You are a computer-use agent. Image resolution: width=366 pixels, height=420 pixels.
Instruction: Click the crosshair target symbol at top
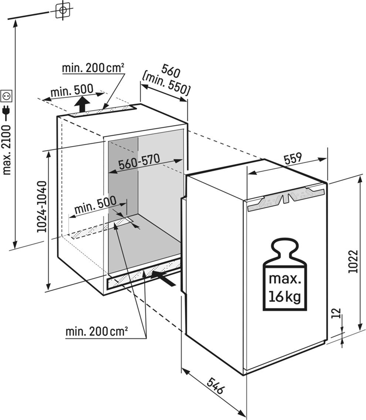tap(63, 10)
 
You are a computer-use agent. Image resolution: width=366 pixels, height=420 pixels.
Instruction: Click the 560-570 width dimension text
tap(139, 161)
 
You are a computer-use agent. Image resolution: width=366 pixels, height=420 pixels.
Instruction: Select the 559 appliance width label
tap(294, 158)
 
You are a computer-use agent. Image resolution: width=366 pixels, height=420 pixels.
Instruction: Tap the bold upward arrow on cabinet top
tap(83, 104)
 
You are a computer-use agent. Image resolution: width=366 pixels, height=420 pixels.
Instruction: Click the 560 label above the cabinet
tap(171, 69)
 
